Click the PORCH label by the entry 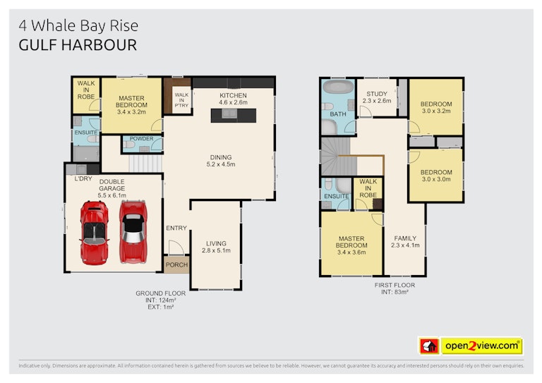point(176,265)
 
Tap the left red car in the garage point(95,233)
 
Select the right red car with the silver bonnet point(133,231)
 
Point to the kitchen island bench point(234,116)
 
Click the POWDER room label point(141,138)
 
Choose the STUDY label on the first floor point(377,94)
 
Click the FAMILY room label point(405,238)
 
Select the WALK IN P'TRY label point(181,100)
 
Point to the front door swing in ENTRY point(176,247)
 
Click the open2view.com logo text point(482,346)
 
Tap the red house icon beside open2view point(429,346)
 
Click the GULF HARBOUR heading point(78,45)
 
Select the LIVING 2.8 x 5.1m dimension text point(216,250)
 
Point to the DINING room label point(221,157)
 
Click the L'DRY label point(83,178)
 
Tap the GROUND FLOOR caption point(160,293)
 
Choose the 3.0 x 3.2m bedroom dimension point(436,111)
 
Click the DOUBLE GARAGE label point(112,185)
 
